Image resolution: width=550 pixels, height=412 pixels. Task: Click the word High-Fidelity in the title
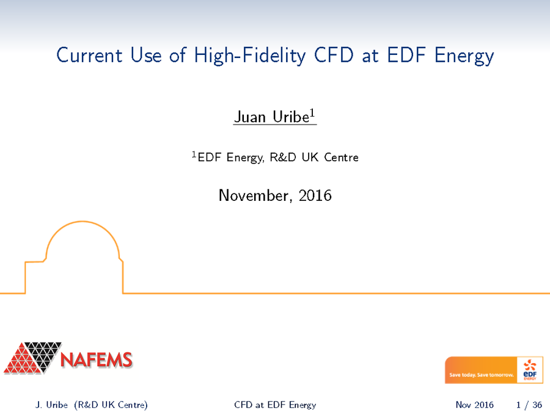(x=250, y=56)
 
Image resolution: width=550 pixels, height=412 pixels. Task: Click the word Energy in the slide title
(x=464, y=56)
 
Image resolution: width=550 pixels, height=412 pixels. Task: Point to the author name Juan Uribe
(x=269, y=117)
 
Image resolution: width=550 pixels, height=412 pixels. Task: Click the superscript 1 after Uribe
(x=313, y=113)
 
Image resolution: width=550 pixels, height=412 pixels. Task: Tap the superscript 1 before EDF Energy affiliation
(x=194, y=154)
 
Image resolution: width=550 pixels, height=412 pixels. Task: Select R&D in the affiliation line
(x=284, y=157)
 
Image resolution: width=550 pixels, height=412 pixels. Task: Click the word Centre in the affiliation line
(x=341, y=157)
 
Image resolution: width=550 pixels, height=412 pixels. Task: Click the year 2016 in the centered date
(x=317, y=196)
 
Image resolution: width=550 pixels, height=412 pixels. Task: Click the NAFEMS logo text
(x=97, y=360)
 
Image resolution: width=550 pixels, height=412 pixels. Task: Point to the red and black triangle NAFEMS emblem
(x=32, y=358)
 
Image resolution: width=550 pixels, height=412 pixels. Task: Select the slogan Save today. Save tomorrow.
(x=481, y=375)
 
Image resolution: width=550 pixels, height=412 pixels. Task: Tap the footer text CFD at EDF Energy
(x=275, y=405)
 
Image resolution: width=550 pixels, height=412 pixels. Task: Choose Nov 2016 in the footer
(x=474, y=405)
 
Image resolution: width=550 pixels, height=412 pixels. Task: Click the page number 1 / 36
(x=529, y=405)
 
